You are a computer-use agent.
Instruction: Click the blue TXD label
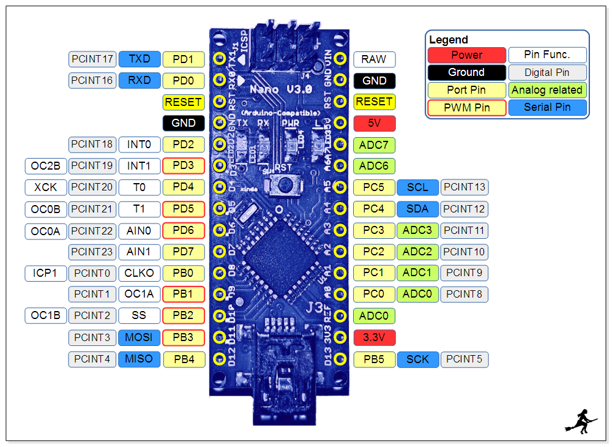140,59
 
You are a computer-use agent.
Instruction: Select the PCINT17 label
92,59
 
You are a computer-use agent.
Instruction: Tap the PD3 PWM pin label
183,165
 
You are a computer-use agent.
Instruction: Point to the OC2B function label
45,165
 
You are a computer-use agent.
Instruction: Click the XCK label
45,187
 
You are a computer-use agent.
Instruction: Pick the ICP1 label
45,272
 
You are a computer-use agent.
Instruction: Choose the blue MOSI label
140,337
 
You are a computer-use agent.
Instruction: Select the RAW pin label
374,59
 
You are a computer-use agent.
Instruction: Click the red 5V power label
374,123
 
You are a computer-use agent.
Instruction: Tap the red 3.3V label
374,337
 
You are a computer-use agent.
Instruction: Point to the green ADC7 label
374,145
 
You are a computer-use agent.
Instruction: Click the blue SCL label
417,187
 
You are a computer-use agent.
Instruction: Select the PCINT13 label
465,187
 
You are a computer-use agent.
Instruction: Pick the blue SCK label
417,359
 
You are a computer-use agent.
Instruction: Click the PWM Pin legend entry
466,108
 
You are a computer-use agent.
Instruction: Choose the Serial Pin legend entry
547,108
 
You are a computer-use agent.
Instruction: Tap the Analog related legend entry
547,90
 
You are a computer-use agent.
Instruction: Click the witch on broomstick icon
581,420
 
